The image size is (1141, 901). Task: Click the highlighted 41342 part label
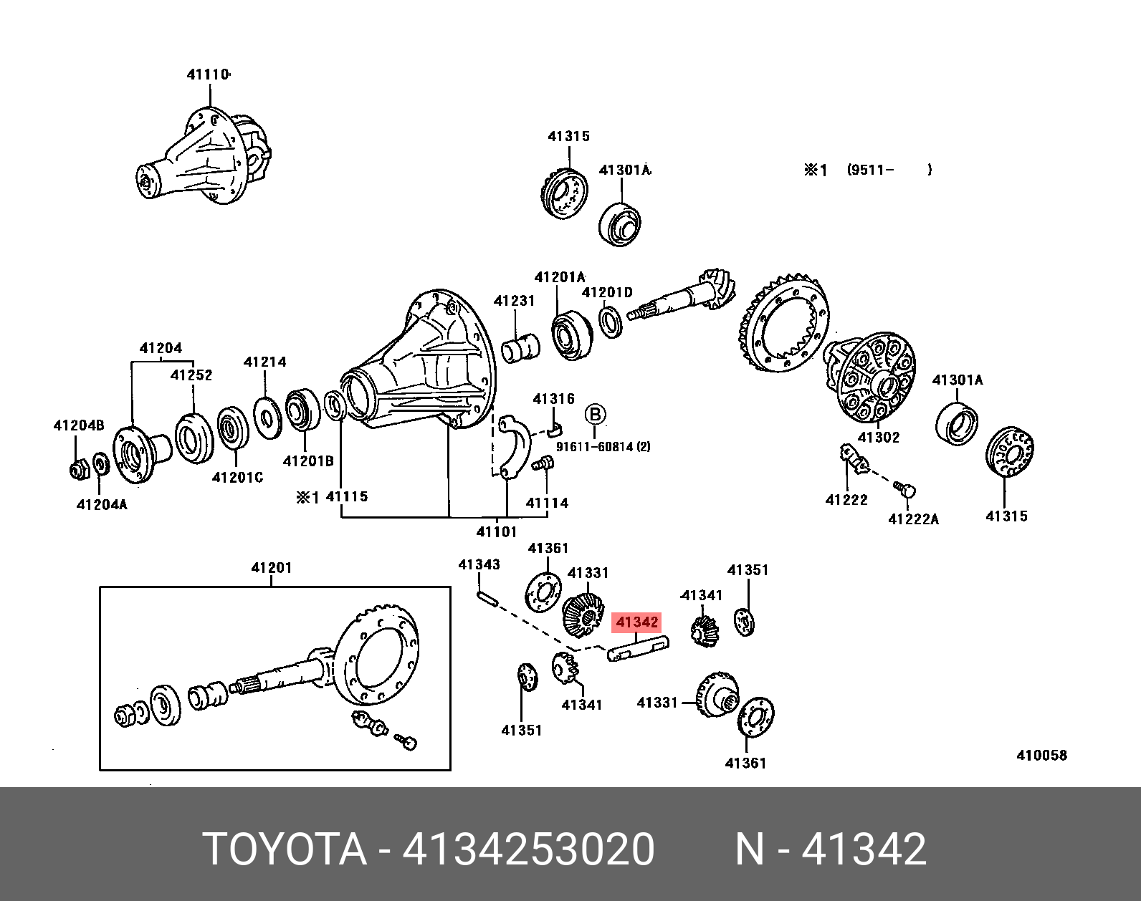coord(636,622)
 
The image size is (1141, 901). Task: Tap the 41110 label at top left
coord(208,74)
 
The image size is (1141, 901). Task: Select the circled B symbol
coord(595,415)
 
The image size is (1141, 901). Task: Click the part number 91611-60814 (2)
coord(603,447)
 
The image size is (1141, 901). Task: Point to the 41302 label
coord(878,437)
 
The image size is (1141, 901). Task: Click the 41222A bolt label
coord(913,519)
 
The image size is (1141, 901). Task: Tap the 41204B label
coord(79,425)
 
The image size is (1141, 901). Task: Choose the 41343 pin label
coord(479,564)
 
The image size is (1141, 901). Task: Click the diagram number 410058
coord(1041,755)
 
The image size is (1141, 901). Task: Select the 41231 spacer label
coord(514,301)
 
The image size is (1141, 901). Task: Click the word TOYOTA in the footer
coord(285,849)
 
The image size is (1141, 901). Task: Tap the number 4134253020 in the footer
coord(528,849)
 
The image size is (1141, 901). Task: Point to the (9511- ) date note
coord(889,170)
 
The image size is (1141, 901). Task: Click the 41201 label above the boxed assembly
coord(272,568)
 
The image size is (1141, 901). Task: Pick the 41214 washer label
coord(264,362)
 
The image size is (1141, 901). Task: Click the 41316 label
coord(553,399)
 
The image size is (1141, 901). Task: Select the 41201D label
coord(607,292)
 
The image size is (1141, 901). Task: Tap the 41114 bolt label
coord(547,503)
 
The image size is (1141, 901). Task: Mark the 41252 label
coord(191,375)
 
